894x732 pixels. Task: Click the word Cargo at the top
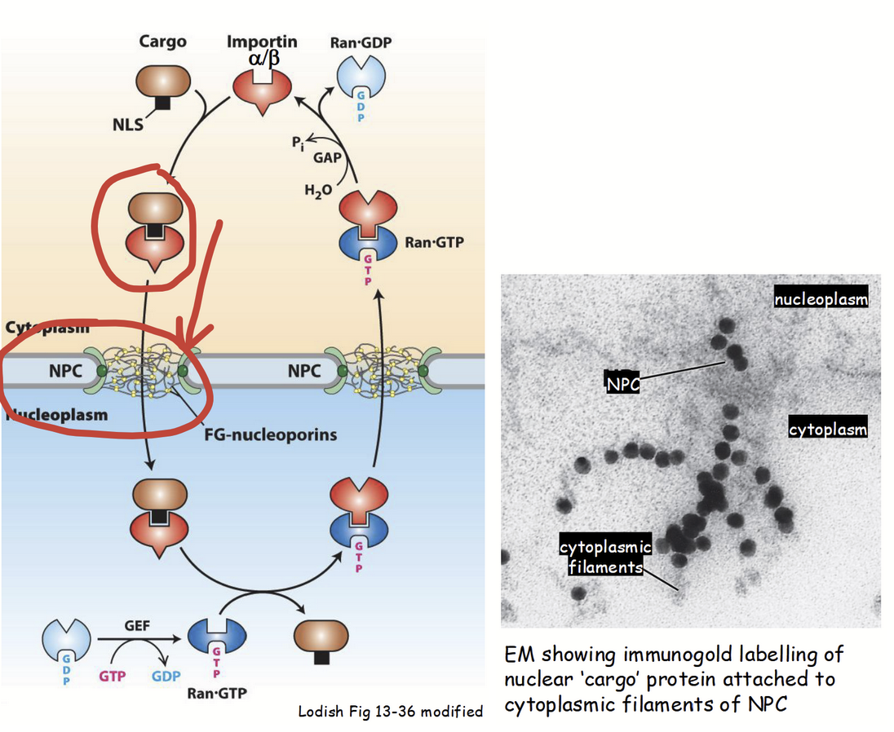[162, 41]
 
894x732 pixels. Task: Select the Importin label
[262, 41]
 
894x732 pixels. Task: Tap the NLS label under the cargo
[129, 125]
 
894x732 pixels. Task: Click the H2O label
[318, 191]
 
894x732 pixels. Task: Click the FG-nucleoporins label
[271, 434]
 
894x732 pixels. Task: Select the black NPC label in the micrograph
[623, 382]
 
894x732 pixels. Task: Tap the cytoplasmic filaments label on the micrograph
[605, 555]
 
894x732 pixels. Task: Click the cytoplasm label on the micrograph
[828, 429]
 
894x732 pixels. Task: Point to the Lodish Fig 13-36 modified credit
[391, 712]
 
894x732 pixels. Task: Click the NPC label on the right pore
[305, 372]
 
